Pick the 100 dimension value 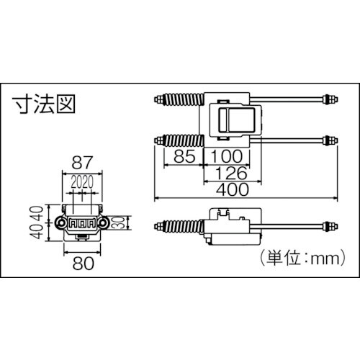tap(228, 155)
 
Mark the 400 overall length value tap(233, 190)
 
